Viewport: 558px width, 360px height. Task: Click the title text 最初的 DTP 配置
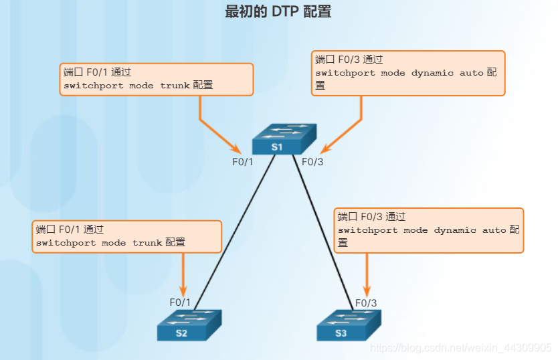(278, 11)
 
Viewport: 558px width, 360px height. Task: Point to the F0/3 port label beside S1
(312, 161)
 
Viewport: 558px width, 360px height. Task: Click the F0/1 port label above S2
(180, 302)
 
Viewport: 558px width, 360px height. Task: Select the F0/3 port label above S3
(366, 302)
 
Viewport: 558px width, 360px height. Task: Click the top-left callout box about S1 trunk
(157, 80)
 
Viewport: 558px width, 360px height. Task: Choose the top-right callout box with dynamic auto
(408, 73)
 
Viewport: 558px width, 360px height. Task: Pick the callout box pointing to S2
(127, 236)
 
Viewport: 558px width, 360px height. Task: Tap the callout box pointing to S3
(428, 230)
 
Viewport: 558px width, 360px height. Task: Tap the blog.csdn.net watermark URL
(462, 348)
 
